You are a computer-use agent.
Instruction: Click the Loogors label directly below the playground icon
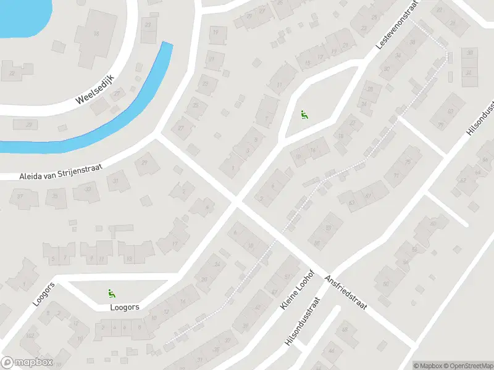tap(124, 306)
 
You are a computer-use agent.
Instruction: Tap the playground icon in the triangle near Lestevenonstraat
tap(303, 114)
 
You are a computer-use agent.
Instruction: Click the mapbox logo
tap(27, 362)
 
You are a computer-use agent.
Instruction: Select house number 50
tap(386, 284)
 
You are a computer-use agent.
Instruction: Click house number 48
tap(345, 331)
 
